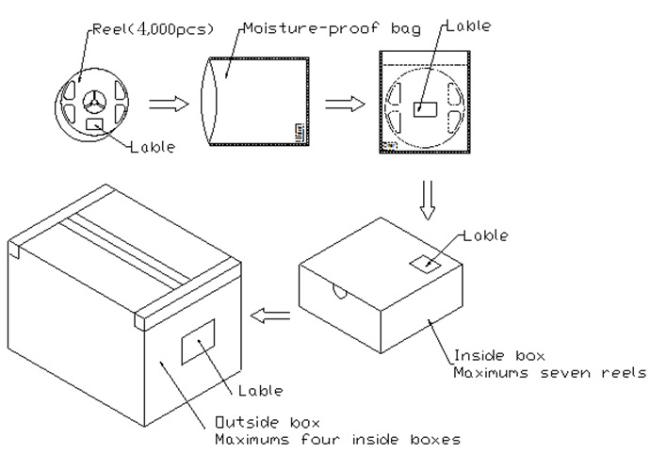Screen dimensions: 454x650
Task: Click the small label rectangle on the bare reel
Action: pos(94,124)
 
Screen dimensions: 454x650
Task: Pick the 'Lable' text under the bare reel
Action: pos(152,148)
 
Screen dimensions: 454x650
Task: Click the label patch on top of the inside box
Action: pos(426,265)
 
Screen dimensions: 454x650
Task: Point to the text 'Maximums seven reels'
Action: pos(550,372)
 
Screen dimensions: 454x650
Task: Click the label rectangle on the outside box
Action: pos(198,341)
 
